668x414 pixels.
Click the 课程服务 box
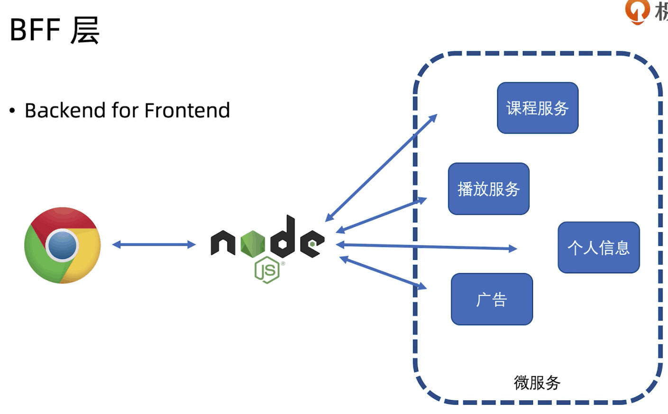tap(537, 108)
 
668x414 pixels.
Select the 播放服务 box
tap(488, 189)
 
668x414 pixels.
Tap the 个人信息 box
tap(598, 248)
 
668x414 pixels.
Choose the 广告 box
tap(492, 299)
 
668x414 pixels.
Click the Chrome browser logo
tap(62, 245)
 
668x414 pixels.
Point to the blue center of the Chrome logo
tap(62, 245)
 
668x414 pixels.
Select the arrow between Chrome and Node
tap(154, 245)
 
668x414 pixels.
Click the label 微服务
tap(537, 383)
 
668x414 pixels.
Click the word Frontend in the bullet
tap(187, 110)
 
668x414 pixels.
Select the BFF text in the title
tap(35, 30)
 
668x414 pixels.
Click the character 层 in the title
tap(85, 30)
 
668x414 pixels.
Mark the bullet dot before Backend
tap(12, 111)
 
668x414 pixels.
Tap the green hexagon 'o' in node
tap(253, 243)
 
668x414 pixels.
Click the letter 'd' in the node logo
tap(283, 237)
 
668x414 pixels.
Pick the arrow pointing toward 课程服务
tap(381, 168)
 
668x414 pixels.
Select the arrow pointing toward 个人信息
tap(427, 247)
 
